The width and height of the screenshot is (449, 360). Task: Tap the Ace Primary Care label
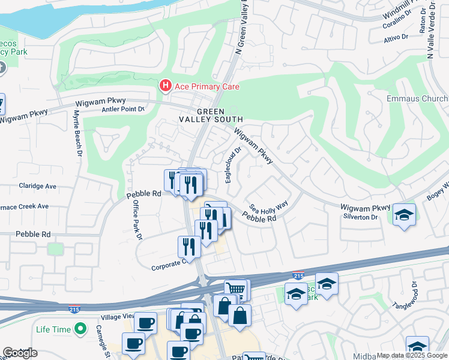point(207,87)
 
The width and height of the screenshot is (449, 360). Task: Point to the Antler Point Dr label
point(123,109)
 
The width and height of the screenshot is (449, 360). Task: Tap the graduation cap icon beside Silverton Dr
point(405,215)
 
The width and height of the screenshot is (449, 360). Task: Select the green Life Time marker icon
point(79,329)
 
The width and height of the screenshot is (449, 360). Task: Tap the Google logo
point(20,353)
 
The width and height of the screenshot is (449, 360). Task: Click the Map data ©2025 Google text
point(411,355)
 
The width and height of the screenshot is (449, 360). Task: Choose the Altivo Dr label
point(397,40)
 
